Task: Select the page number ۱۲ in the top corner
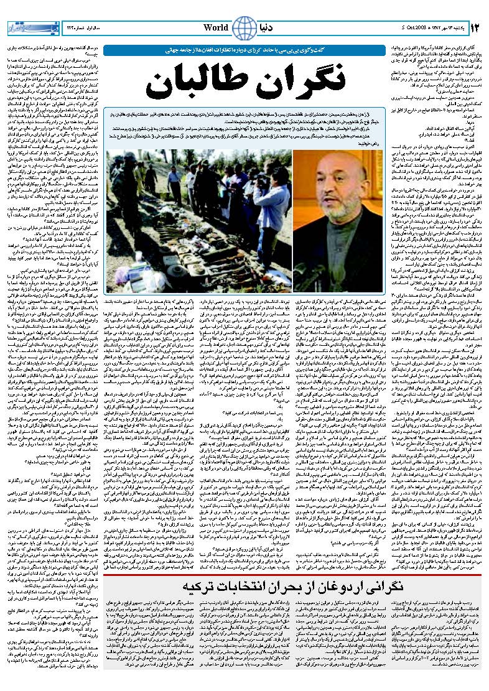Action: coord(474,28)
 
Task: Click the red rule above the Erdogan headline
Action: coord(292,576)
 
